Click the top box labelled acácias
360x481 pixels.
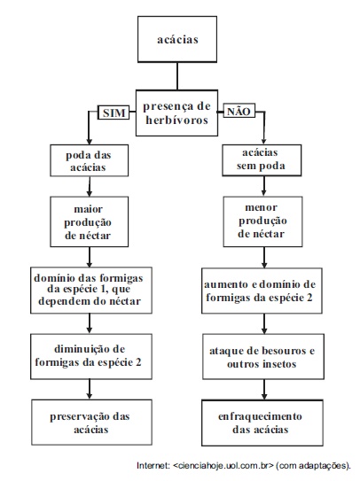[177, 39]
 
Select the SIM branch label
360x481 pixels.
[113, 112]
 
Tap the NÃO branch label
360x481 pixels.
[239, 111]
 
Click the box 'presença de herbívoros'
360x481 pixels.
[177, 112]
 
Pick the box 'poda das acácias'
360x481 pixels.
[89, 160]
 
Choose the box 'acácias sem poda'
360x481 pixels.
[262, 160]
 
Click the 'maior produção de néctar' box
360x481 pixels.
[89, 221]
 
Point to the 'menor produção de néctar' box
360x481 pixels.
[262, 221]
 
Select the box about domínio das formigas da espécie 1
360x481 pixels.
[91, 291]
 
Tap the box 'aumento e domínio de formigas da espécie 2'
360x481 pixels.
[262, 291]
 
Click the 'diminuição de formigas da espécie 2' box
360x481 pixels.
[91, 356]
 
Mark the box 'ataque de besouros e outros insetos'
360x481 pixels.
[263, 356]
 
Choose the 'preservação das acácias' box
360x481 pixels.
[91, 423]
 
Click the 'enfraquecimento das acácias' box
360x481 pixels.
[262, 423]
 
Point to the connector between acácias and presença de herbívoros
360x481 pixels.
[177, 76]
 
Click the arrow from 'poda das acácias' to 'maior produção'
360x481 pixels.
[90, 187]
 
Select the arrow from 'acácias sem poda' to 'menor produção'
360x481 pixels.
[264, 186]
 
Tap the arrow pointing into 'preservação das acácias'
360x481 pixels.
[90, 389]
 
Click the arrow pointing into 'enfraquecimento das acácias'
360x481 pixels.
[264, 389]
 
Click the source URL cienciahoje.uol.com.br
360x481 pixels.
[223, 466]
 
